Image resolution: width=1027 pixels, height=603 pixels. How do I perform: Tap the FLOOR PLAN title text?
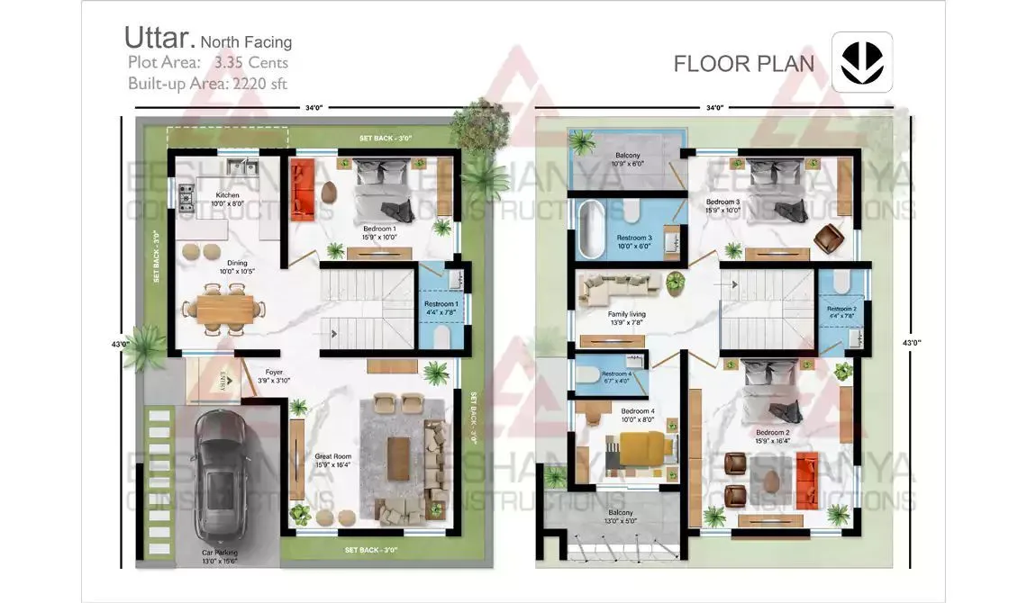[x=743, y=64]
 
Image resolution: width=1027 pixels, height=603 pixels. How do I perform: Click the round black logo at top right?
[x=861, y=62]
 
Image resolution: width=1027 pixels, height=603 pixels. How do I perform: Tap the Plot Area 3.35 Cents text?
[x=208, y=63]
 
